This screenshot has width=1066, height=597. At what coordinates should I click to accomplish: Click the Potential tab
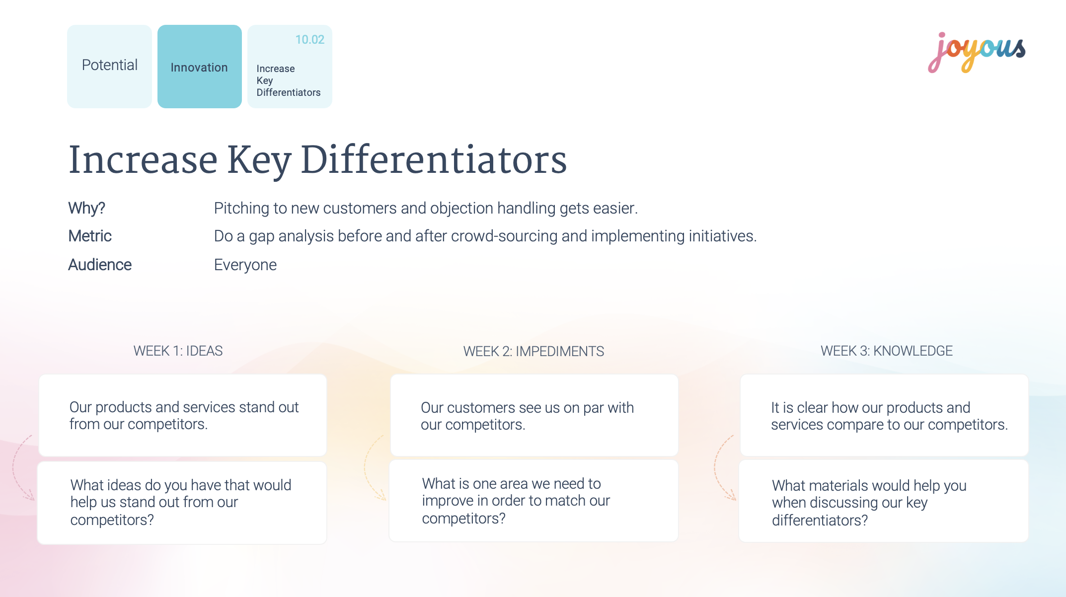click(x=109, y=66)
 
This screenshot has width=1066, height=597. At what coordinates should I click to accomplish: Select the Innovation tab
click(x=200, y=66)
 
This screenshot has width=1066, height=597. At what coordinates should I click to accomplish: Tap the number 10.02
click(x=309, y=40)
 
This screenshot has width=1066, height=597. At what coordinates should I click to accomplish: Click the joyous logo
click(x=977, y=52)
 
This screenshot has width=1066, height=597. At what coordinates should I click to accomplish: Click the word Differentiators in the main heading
click(x=434, y=160)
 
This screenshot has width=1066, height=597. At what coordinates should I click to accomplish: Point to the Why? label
click(x=86, y=208)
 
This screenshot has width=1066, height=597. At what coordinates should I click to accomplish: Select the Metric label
click(x=90, y=236)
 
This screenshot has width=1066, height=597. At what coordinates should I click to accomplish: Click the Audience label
click(x=100, y=265)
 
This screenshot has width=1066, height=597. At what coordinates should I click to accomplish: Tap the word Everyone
click(x=245, y=265)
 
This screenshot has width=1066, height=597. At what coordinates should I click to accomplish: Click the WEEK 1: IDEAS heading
click(x=178, y=351)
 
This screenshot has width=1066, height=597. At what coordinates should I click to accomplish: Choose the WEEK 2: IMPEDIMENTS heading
click(x=533, y=351)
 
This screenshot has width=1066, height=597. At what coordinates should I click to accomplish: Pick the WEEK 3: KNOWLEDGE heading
click(x=887, y=351)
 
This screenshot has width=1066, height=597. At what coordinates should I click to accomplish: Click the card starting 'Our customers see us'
click(x=534, y=415)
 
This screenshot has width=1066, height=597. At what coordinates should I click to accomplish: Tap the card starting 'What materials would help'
click(x=884, y=501)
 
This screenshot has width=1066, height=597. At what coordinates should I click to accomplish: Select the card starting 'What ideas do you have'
click(x=182, y=503)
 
